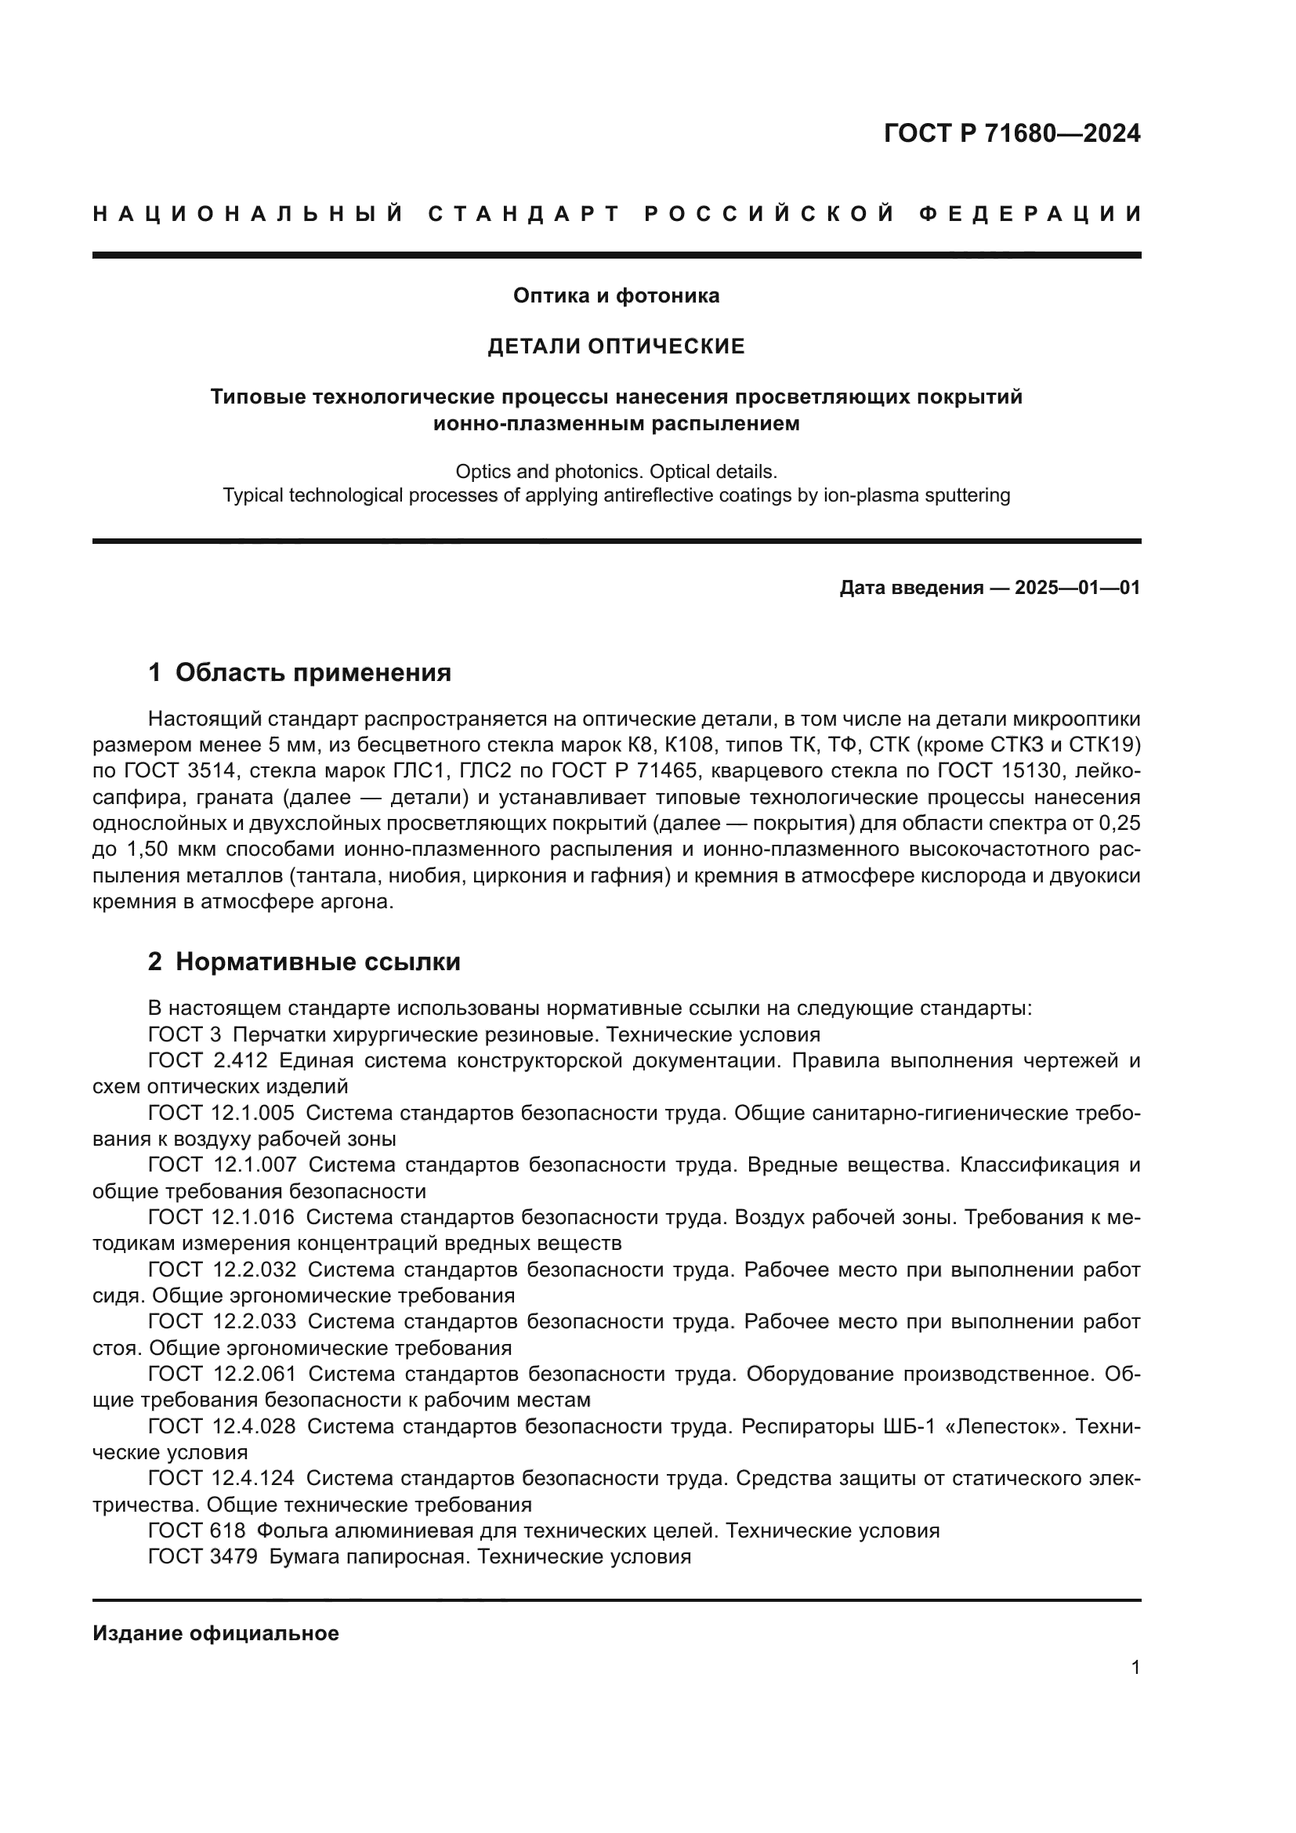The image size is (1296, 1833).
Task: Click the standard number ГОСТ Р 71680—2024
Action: (x=1011, y=133)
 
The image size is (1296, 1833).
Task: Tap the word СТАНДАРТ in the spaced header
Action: (x=524, y=214)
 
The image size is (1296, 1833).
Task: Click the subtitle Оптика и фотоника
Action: (x=616, y=295)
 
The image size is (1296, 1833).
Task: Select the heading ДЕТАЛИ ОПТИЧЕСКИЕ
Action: (x=616, y=346)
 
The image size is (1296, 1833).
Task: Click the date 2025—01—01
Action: (x=1077, y=589)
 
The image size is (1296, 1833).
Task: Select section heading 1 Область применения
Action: (x=299, y=672)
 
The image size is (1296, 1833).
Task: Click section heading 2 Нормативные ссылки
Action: (x=304, y=962)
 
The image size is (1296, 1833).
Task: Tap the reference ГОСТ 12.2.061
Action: (x=222, y=1374)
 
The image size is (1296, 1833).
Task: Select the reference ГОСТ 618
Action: (x=197, y=1531)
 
